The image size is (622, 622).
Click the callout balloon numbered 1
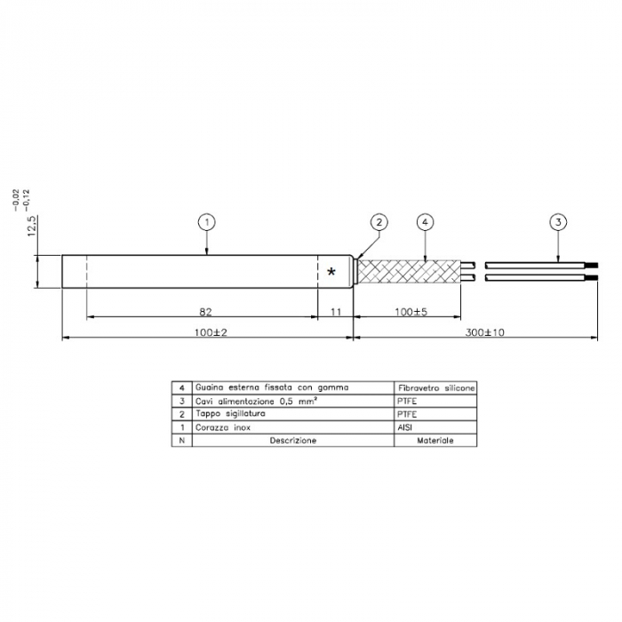(x=206, y=221)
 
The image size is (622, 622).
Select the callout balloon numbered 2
(x=379, y=221)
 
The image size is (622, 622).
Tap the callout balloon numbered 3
(x=557, y=221)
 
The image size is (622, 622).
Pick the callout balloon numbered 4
(x=426, y=221)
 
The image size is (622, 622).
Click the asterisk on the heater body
(x=331, y=273)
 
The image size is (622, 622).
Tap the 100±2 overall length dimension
(x=207, y=331)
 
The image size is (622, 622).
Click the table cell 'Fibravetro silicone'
(x=435, y=388)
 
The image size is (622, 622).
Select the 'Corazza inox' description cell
(x=225, y=427)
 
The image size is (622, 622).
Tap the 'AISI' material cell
(x=408, y=427)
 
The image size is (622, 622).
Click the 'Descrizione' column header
(x=293, y=441)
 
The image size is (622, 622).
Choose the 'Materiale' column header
(x=435, y=441)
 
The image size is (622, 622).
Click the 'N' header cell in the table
(x=181, y=441)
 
